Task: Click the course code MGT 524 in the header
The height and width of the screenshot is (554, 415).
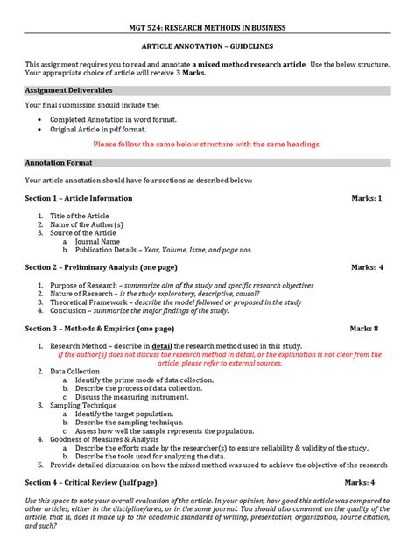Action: pos(144,28)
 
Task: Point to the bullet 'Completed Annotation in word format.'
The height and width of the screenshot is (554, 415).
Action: pos(113,118)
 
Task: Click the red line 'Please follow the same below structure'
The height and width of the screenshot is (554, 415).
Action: pos(207,144)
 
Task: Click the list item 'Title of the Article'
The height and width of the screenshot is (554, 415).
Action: pos(81,215)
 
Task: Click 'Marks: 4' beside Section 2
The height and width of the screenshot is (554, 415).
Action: pos(368,266)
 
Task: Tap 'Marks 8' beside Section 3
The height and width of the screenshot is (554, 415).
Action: pos(364,328)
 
